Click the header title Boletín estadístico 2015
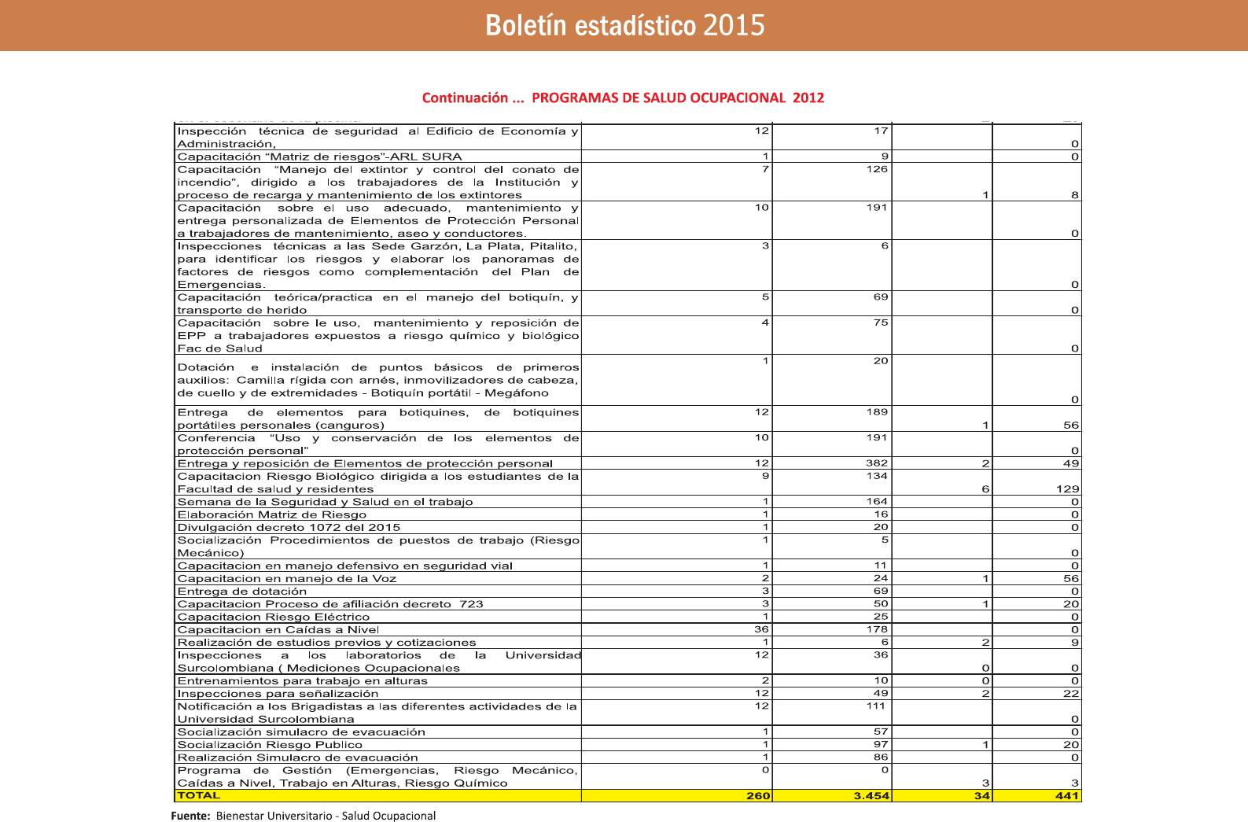[x=624, y=25]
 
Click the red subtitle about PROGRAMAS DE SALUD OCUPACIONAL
[x=623, y=98]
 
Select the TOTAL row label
[x=199, y=795]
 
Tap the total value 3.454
[x=871, y=796]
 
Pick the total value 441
[x=1066, y=796]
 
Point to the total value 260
[x=758, y=796]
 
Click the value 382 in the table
[x=877, y=463]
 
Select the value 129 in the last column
[x=1067, y=489]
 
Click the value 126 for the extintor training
[x=877, y=169]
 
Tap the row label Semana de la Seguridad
[x=325, y=502]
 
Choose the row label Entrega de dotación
[x=242, y=592]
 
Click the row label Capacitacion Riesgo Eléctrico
[x=273, y=617]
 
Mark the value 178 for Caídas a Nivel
[x=877, y=629]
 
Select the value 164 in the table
[x=877, y=501]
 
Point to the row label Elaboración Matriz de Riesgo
[x=271, y=514]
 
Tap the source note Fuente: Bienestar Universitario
[x=304, y=816]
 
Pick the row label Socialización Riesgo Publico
[x=270, y=745]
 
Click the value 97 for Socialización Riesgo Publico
[x=880, y=744]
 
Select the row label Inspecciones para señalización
[x=278, y=694]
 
